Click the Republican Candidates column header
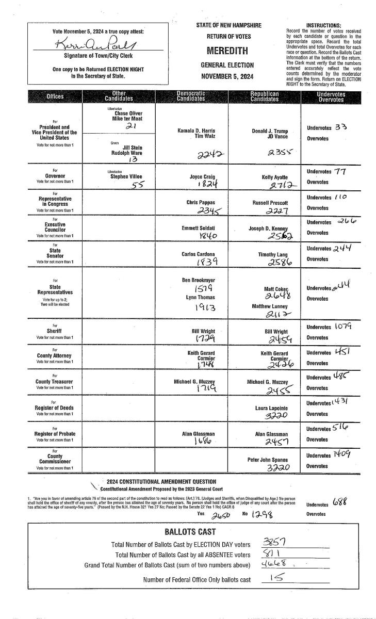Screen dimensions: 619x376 (x=265, y=96)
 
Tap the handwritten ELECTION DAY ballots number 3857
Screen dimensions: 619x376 (x=275, y=542)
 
